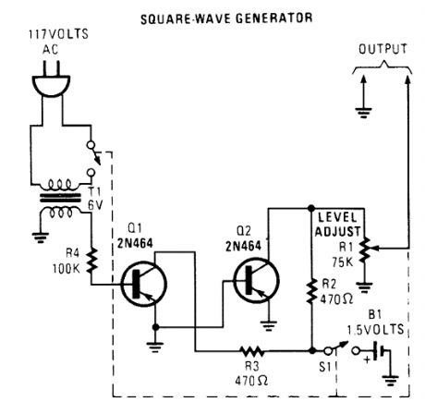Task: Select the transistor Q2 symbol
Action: click(253, 278)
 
